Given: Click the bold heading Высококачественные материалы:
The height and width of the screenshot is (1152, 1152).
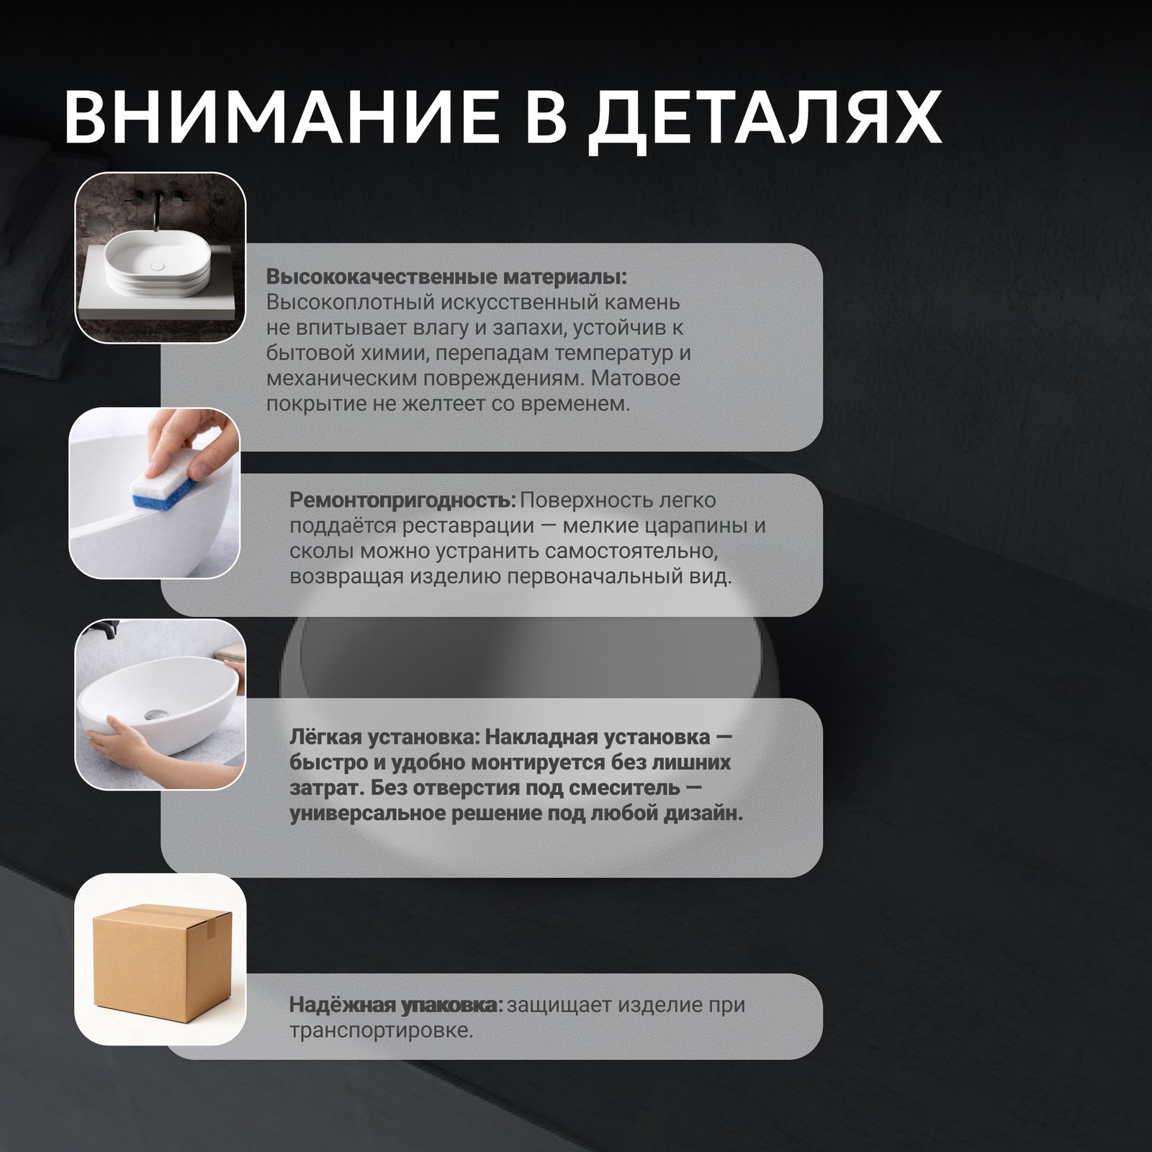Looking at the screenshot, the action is coord(446,277).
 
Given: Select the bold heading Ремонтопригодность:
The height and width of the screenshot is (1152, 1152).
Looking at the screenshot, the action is coord(402,500).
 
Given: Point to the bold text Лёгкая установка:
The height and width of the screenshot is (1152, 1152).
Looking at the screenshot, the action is coord(384,737).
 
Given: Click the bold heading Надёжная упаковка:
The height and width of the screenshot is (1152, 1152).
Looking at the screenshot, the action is coord(396,1004).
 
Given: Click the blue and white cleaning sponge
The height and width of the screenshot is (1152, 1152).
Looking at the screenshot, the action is coord(166,485).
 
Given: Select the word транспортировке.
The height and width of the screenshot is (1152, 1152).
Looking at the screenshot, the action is coord(382,1030).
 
